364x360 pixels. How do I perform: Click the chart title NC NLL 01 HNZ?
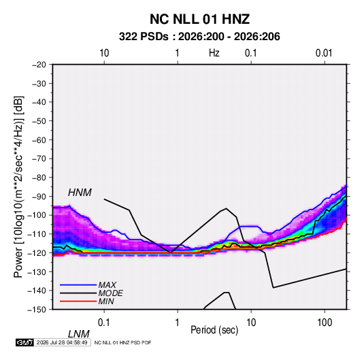coord(199,19)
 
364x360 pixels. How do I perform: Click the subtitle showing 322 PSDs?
coord(199,37)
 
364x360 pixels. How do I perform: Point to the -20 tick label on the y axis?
coord(39,65)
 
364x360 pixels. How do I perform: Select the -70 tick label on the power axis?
coord(39,159)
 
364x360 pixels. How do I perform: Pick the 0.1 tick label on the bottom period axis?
coord(104,323)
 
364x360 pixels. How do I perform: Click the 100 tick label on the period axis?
coord(325,323)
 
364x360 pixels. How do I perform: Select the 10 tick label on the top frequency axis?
coord(104,53)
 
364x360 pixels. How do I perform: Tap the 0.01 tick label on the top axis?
coord(324,53)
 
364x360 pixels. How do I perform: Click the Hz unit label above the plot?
coord(214,53)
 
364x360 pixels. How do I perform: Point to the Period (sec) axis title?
coord(214,330)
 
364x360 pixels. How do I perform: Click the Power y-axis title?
coord(18,187)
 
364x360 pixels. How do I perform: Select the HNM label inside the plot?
coord(80,193)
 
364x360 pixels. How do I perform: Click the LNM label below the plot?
coord(79,334)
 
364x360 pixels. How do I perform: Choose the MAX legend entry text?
coord(107,285)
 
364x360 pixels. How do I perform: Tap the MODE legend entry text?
coord(110,293)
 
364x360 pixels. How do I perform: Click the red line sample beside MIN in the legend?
coord(78,301)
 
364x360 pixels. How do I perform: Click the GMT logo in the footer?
coord(25,342)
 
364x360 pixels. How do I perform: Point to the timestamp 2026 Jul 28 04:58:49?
coord(62,342)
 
